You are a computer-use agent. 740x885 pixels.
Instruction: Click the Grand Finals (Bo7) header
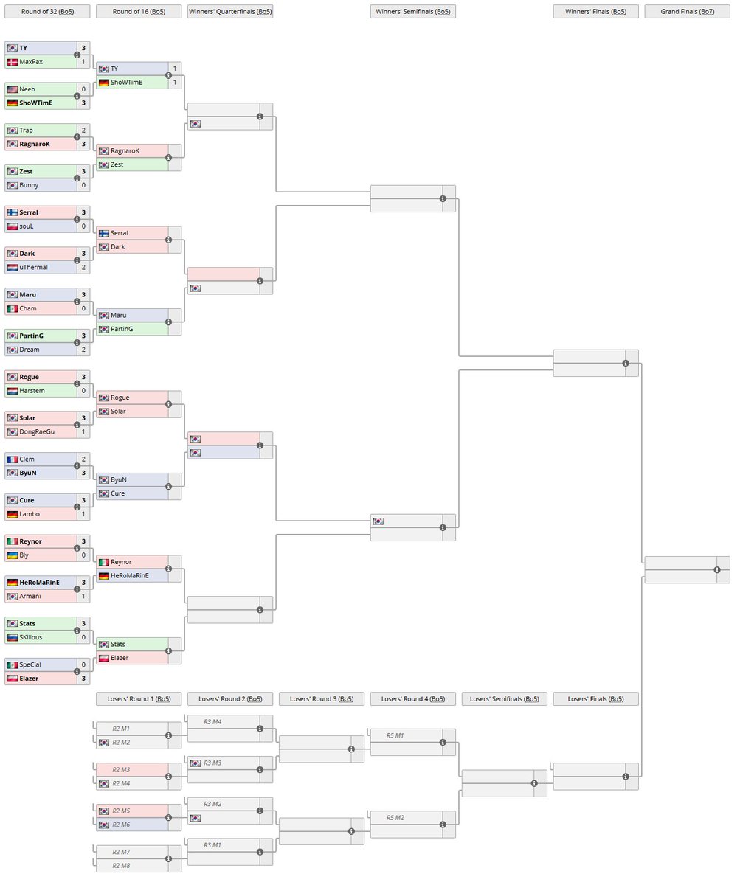coord(686,12)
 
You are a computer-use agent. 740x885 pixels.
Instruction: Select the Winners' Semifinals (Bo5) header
coord(412,12)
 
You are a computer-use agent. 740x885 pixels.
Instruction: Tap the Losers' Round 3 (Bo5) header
coord(321,699)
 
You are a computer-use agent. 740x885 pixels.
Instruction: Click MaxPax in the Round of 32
coord(31,62)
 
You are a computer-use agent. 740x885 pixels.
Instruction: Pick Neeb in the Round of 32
coord(27,89)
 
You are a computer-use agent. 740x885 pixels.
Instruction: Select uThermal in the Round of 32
coord(33,267)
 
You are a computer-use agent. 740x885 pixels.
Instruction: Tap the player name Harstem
coord(32,391)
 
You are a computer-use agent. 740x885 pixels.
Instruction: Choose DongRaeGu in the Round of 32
coord(37,432)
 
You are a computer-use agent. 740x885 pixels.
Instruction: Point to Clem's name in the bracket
coord(27,459)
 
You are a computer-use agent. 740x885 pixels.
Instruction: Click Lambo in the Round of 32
coord(30,514)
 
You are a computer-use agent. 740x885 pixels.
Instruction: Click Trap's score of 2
coord(83,131)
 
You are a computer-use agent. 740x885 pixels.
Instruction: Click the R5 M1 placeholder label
coord(395,735)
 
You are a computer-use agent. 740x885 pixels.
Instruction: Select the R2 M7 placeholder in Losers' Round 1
coord(121,852)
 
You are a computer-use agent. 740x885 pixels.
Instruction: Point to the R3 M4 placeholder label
coord(212,721)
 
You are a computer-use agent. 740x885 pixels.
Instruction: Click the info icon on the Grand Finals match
coord(717,570)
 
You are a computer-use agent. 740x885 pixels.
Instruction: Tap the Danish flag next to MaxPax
coord(12,62)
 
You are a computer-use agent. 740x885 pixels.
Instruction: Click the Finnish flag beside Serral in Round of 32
coord(12,212)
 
